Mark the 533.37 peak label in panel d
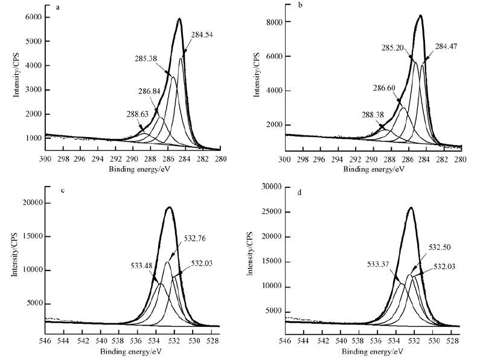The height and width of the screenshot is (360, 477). pyautogui.click(x=379, y=263)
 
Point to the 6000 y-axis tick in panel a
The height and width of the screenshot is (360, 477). pyautogui.click(x=33, y=17)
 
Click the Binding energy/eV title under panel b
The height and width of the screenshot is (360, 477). pyautogui.click(x=374, y=170)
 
